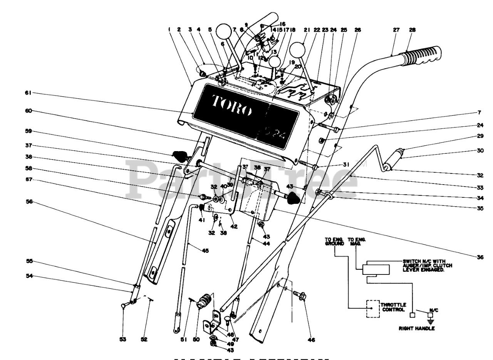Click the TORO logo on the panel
(231, 106)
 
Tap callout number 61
(29, 93)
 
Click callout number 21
(307, 29)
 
